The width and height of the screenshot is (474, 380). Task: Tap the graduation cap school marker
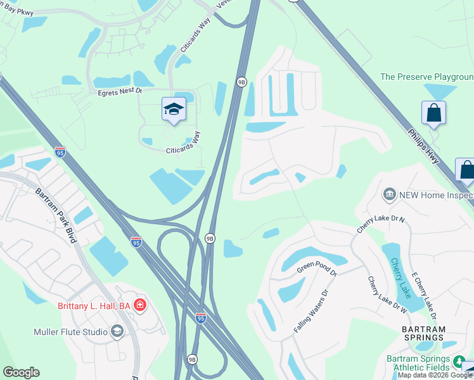click(174, 110)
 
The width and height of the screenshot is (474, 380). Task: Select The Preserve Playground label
click(426, 77)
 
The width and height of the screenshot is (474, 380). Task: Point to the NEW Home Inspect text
click(436, 195)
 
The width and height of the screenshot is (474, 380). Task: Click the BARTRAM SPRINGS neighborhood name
click(424, 333)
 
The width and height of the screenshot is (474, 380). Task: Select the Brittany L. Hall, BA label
click(94, 306)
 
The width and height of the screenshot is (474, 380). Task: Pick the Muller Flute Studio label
click(70, 331)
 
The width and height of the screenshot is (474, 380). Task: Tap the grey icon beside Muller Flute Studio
click(117, 331)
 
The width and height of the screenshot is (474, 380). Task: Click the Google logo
click(21, 372)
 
